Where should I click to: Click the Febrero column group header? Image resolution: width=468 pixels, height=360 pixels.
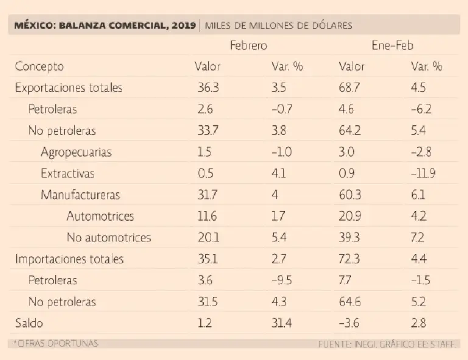(248, 46)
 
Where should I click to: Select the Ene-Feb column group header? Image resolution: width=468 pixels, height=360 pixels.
(393, 46)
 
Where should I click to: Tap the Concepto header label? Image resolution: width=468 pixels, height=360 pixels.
(39, 66)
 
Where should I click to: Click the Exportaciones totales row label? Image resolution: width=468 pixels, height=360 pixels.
(69, 88)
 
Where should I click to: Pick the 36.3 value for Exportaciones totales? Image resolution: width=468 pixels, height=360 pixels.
(208, 88)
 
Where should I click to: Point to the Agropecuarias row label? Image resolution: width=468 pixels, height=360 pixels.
(76, 152)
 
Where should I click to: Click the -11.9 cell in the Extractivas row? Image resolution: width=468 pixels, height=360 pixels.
(424, 174)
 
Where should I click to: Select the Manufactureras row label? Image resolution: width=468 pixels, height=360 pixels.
(80, 195)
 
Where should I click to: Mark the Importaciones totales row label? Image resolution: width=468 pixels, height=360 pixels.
(69, 259)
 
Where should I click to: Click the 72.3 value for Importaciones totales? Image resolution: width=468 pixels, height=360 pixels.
(349, 259)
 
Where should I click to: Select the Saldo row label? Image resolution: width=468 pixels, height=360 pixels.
(29, 323)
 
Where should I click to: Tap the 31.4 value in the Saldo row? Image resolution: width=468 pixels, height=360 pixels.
(282, 323)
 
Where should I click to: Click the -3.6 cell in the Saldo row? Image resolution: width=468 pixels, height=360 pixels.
(349, 323)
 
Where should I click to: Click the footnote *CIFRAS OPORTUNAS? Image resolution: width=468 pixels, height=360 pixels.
(56, 344)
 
